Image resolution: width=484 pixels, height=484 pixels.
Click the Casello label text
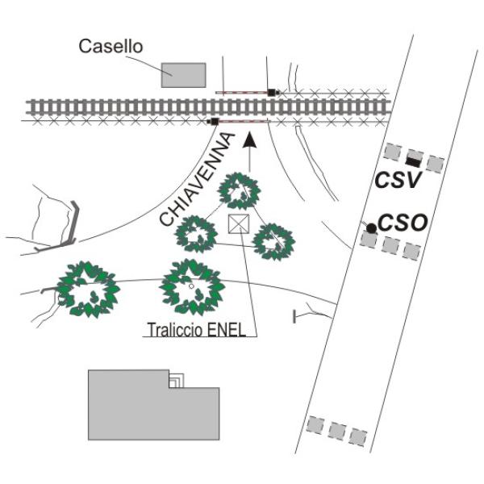coord(111,47)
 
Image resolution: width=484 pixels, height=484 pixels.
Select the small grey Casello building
coord(183,74)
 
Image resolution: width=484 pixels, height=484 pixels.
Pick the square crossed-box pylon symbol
coord(239,223)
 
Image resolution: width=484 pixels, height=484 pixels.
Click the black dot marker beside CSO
coord(371,228)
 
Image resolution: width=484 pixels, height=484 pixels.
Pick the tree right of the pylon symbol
coord(274,240)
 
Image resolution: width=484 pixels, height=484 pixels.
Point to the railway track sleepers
coord(121,107)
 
